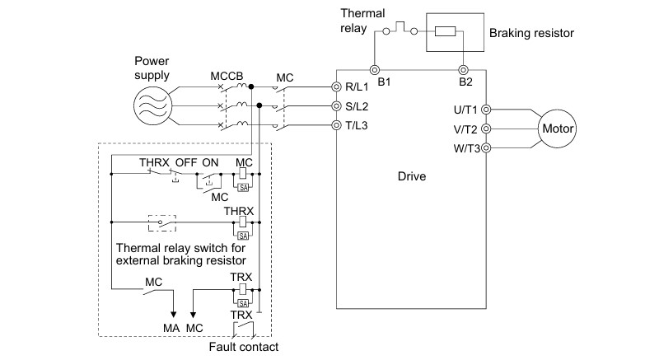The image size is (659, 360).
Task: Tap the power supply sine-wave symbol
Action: click(152, 105)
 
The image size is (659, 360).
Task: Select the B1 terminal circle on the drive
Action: click(375, 70)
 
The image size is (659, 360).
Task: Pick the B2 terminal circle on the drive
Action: click(463, 70)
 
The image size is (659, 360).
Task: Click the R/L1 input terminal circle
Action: click(336, 87)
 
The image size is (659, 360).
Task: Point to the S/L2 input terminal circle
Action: click(336, 105)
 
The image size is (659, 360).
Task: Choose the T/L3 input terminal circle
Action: click(336, 125)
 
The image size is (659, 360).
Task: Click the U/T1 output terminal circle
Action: click(486, 110)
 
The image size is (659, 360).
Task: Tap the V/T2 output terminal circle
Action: click(486, 129)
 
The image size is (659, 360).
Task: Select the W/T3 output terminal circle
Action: click(486, 147)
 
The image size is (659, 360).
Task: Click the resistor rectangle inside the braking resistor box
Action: click(445, 31)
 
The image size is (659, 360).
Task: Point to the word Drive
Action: click(411, 176)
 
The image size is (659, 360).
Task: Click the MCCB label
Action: click(227, 77)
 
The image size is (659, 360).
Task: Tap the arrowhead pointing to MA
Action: click(173, 315)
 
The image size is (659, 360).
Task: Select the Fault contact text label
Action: click(243, 347)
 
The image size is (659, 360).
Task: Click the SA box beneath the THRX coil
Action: click(243, 236)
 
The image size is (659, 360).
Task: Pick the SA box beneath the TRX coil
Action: click(243, 303)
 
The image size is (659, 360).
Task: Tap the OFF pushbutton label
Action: click(186, 162)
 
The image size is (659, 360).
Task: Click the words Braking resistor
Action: click(531, 33)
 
